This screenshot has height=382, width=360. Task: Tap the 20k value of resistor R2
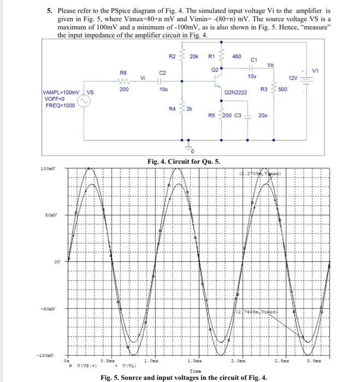click(193, 56)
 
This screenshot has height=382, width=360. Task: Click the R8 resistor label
click(124, 71)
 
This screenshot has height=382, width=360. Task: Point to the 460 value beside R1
click(237, 56)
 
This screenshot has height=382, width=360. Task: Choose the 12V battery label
click(293, 79)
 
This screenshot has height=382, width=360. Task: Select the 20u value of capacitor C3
click(263, 116)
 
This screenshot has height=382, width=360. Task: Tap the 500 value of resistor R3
click(282, 88)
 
